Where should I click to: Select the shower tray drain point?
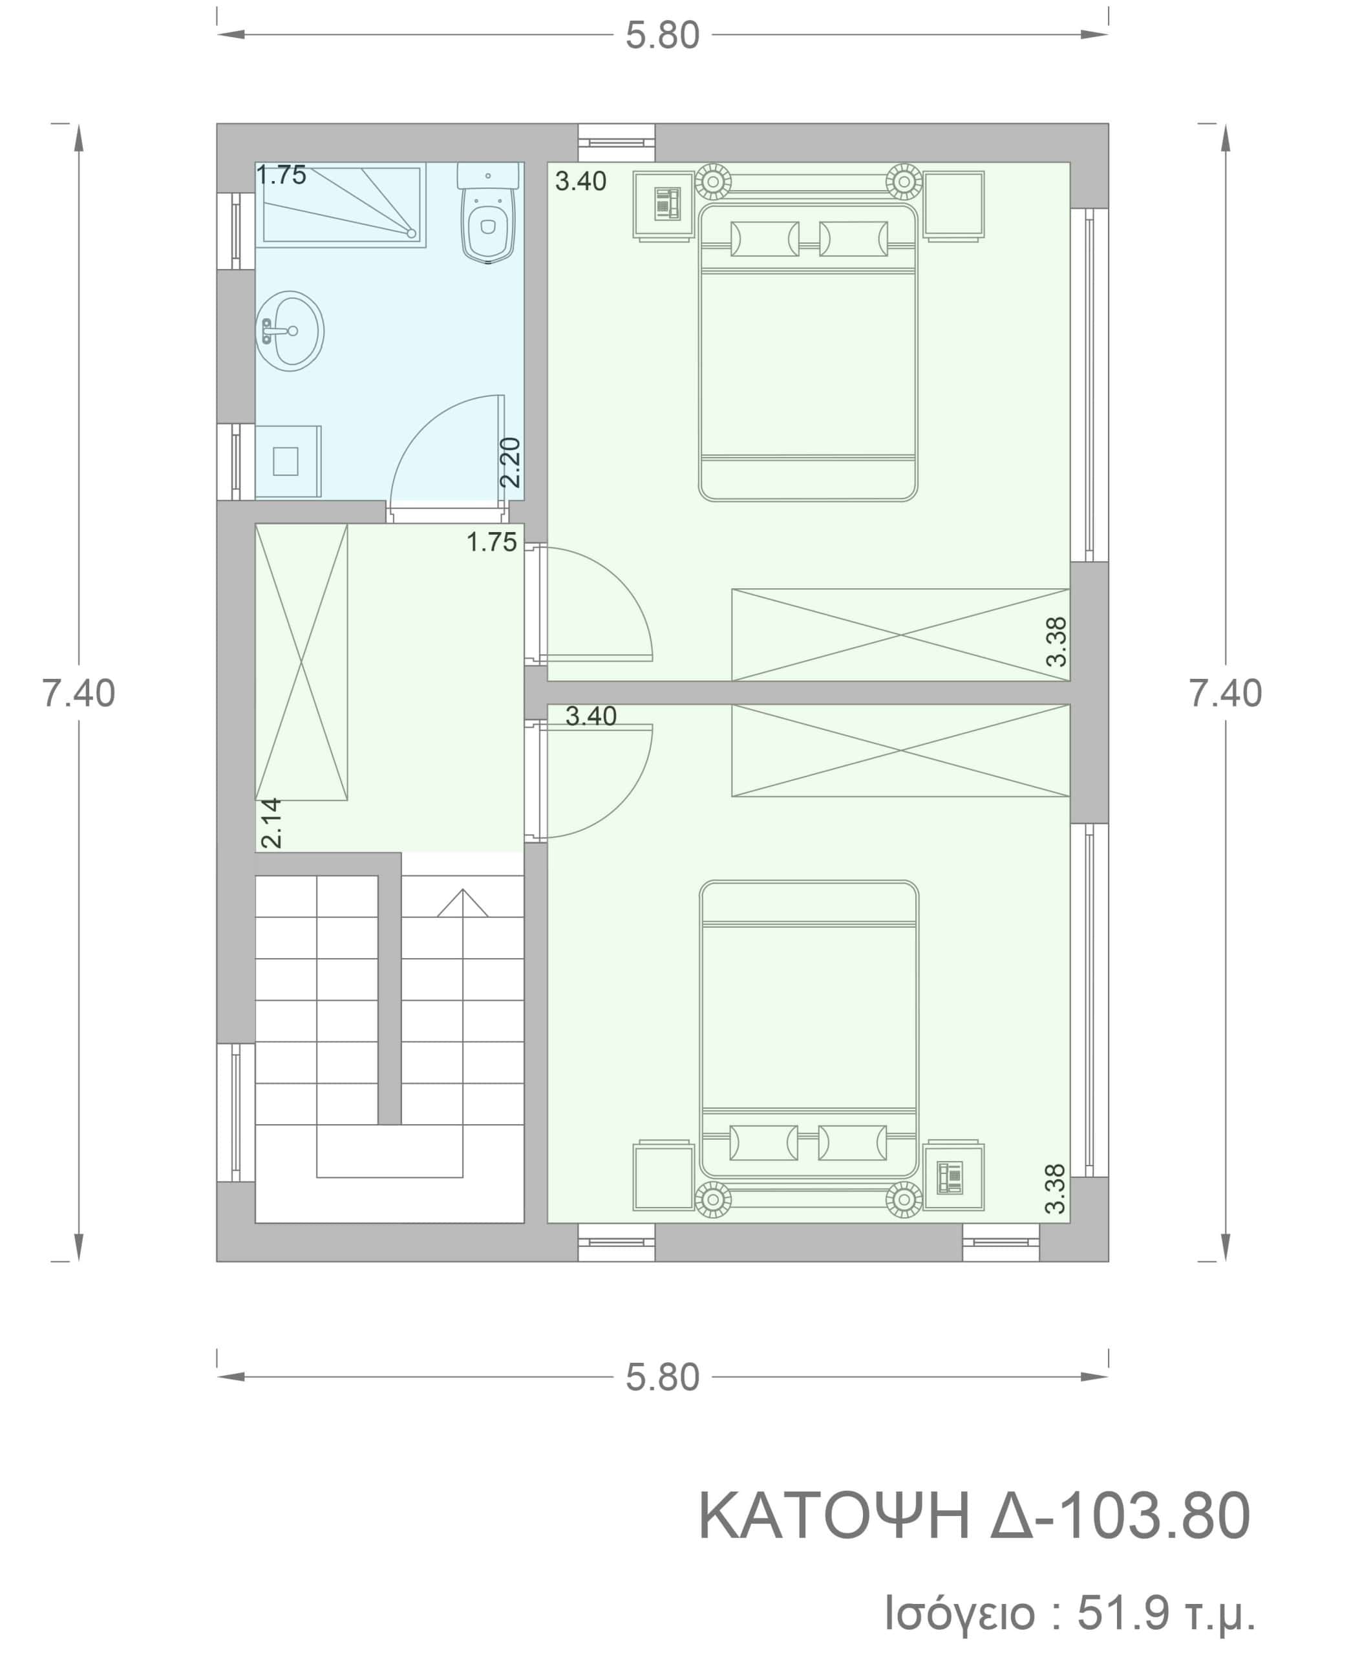pyautogui.click(x=410, y=233)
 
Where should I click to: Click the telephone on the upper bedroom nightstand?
pyautogui.click(x=667, y=204)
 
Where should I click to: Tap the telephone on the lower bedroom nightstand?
pyautogui.click(x=950, y=1177)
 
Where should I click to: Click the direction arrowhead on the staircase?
pyautogui.click(x=463, y=902)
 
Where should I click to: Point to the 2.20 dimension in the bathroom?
pyautogui.click(x=511, y=463)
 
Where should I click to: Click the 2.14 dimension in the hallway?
pyautogui.click(x=271, y=823)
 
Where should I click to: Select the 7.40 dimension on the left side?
pyautogui.click(x=79, y=694)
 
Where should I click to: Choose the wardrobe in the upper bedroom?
pyautogui.click(x=900, y=634)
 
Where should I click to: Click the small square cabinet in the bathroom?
pyautogui.click(x=288, y=462)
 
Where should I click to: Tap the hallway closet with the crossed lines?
pyautogui.click(x=301, y=662)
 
